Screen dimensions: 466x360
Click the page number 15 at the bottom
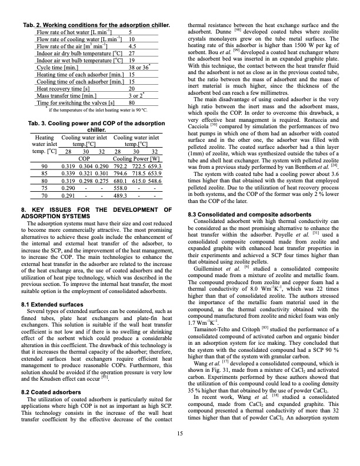[179, 451]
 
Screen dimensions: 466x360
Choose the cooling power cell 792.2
[120, 167]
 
